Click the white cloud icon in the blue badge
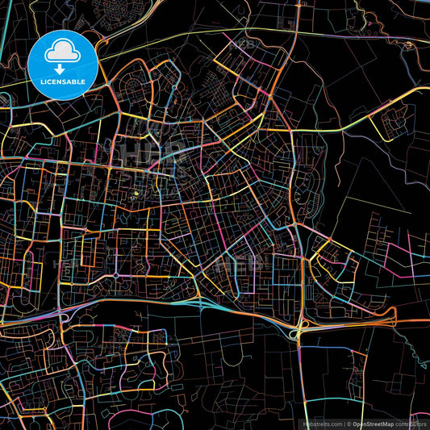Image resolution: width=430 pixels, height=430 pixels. [x=61, y=53]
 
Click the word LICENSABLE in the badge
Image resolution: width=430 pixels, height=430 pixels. [x=62, y=81]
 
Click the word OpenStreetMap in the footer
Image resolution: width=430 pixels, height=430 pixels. [x=372, y=423]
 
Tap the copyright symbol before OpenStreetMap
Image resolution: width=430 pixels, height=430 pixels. [x=349, y=423]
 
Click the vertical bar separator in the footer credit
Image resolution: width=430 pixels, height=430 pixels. [x=343, y=423]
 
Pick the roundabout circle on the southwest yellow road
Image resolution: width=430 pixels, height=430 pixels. [x=116, y=275]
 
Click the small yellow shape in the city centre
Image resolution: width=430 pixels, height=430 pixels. [x=135, y=194]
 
